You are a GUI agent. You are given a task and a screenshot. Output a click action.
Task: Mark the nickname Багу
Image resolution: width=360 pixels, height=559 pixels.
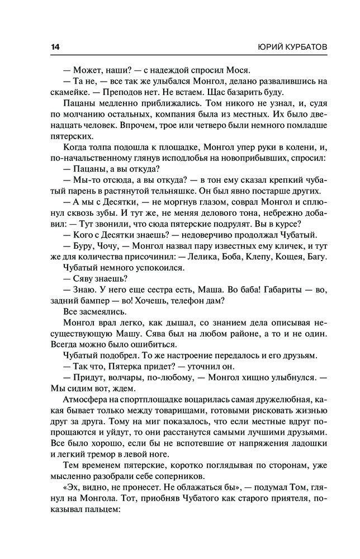316,257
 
